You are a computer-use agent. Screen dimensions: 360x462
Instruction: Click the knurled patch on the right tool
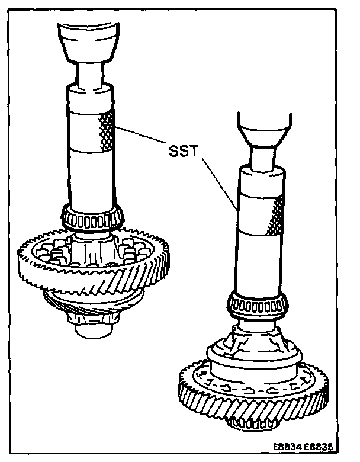coord(276,216)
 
